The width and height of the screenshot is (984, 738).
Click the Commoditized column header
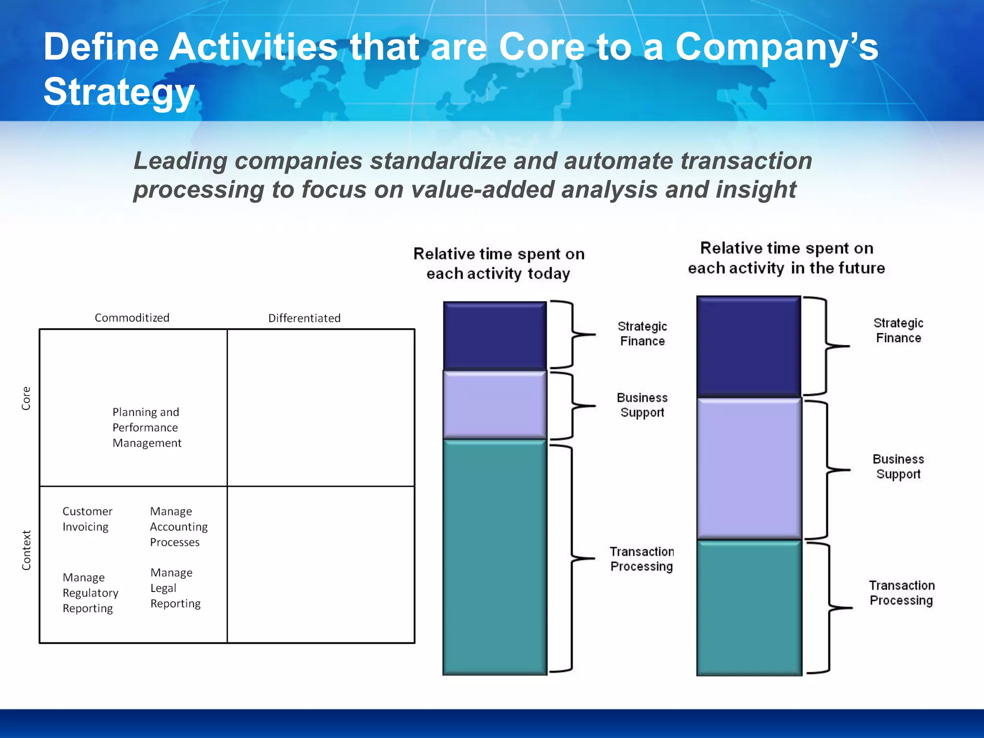[132, 318]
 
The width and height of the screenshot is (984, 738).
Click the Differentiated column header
[304, 318]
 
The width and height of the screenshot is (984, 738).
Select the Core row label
[26, 398]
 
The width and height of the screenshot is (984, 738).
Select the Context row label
[26, 550]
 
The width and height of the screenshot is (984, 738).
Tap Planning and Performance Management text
[146, 427]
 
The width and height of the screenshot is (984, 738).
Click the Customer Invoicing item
[87, 519]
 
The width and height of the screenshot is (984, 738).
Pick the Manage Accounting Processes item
[178, 527]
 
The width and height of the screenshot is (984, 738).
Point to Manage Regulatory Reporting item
[90, 592]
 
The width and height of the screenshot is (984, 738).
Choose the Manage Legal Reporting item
[175, 588]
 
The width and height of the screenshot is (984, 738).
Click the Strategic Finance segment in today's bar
[494, 335]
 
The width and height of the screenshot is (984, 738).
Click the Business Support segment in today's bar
[494, 405]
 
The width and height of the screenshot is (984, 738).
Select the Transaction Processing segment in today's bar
[494, 557]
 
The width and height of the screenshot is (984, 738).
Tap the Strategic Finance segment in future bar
[749, 346]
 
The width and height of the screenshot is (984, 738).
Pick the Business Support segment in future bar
[749, 468]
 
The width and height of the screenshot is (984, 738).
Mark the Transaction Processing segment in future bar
[749, 608]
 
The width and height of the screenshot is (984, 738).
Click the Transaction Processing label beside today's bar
[641, 559]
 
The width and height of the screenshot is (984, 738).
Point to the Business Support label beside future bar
[898, 467]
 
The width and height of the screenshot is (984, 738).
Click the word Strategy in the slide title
[119, 92]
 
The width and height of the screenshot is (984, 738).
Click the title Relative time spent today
[499, 263]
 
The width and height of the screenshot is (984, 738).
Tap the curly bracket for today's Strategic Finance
[572, 334]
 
